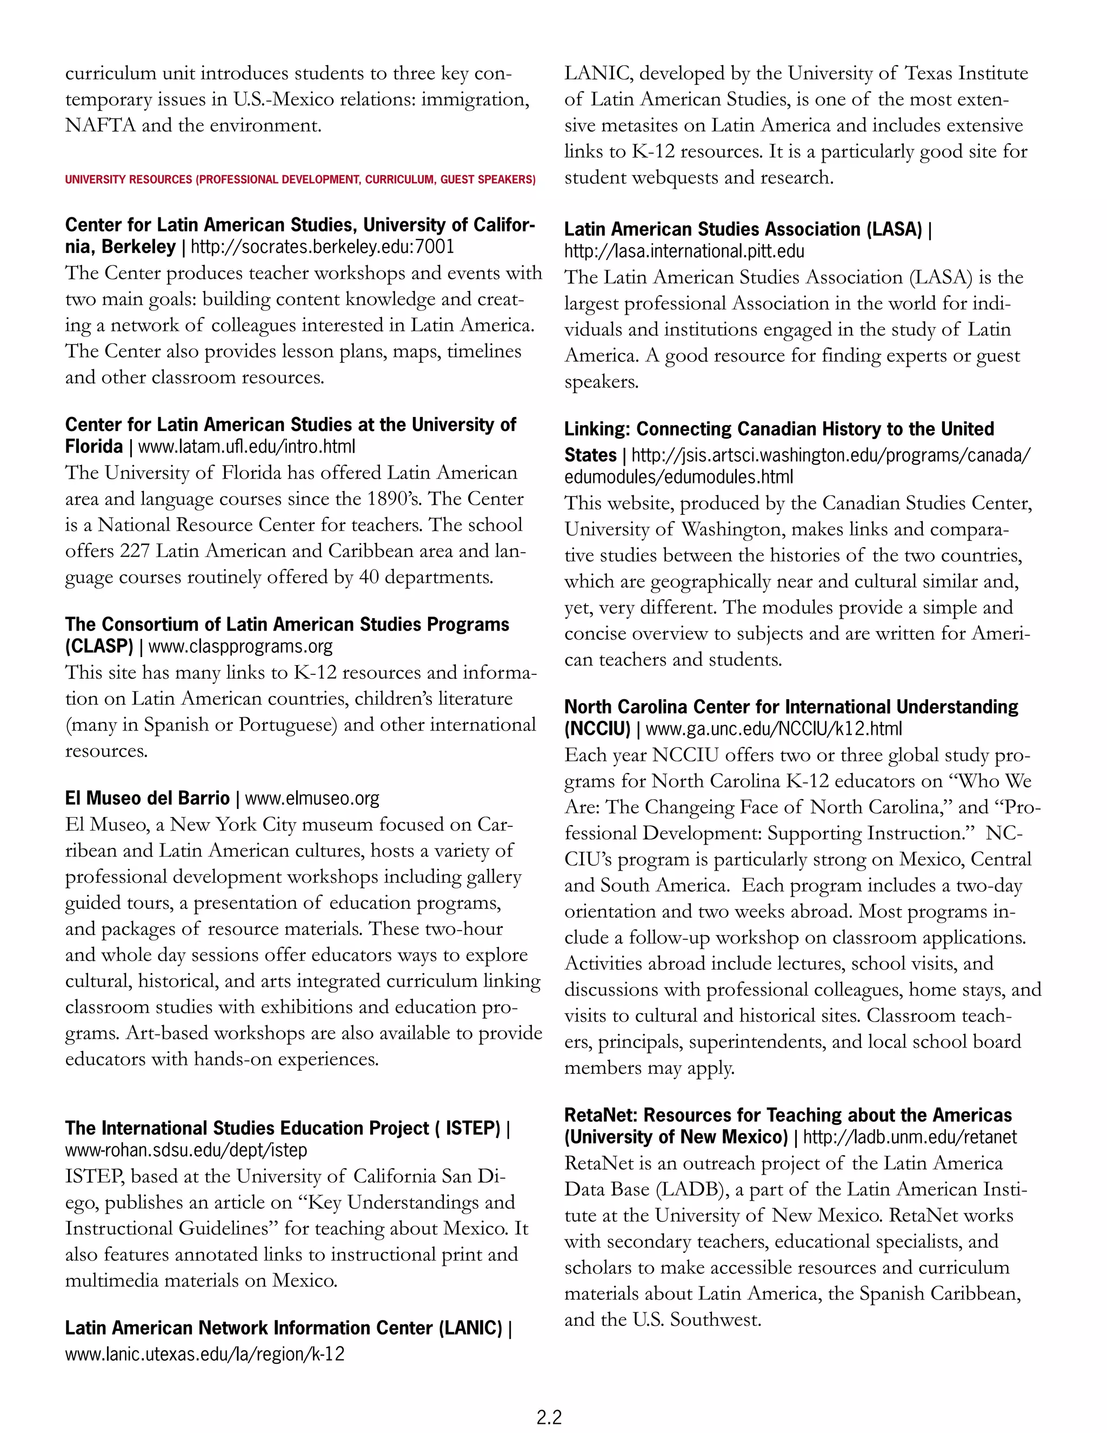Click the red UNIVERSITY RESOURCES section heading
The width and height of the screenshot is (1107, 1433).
(299, 180)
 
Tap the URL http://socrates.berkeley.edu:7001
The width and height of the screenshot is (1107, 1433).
(322, 247)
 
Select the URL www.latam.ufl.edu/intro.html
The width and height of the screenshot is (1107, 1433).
(246, 447)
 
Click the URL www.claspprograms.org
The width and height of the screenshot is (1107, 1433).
(240, 646)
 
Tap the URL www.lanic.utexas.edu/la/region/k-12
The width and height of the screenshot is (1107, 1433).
(205, 1354)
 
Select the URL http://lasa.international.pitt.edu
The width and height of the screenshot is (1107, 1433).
(684, 251)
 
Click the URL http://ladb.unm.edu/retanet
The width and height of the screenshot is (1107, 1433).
(909, 1137)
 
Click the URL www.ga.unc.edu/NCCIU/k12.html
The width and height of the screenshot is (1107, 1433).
(774, 729)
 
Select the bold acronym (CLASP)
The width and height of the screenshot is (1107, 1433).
(99, 646)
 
